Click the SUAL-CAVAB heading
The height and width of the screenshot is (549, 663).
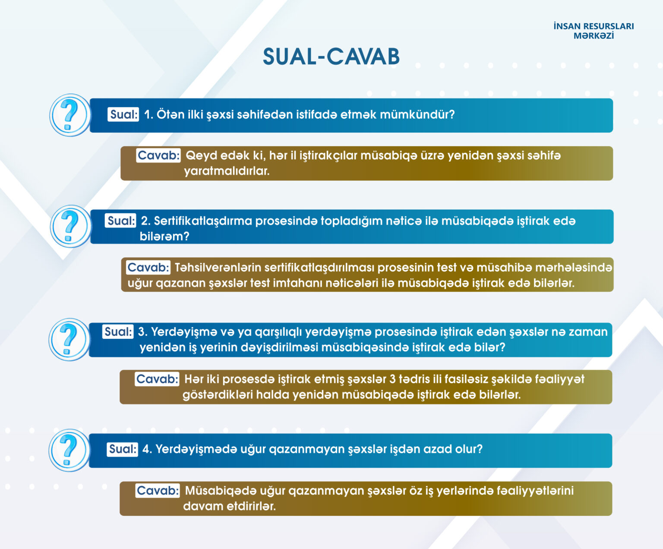point(331,57)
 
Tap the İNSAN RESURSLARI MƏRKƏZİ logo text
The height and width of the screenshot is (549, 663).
point(594,31)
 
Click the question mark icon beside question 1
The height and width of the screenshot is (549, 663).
point(70,115)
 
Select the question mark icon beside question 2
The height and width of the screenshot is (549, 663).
point(70,227)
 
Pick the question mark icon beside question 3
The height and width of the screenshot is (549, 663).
point(69,339)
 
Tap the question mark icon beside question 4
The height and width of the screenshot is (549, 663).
point(69,450)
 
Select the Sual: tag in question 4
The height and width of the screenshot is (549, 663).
point(122,449)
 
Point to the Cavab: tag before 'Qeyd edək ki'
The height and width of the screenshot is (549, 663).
point(158,155)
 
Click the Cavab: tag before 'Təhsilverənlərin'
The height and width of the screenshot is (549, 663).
point(148,268)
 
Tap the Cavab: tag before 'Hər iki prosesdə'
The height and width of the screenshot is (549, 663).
point(157,379)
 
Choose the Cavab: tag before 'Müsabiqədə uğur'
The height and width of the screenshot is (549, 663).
point(158,491)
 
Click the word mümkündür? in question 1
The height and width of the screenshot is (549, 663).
point(417,115)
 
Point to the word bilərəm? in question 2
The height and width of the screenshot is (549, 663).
point(164,237)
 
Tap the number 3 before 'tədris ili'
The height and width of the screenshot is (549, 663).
point(392,379)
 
